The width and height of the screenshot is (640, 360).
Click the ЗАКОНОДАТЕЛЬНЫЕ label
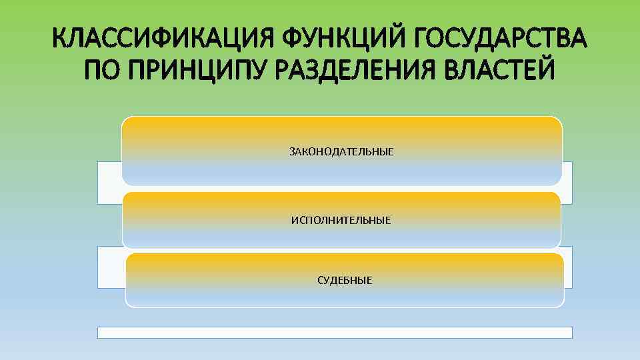point(341,152)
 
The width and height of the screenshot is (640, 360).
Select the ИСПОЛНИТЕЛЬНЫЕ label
point(341,219)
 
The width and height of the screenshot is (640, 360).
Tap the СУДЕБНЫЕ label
point(345,280)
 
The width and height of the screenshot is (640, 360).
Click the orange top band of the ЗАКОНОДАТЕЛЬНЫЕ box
point(341,125)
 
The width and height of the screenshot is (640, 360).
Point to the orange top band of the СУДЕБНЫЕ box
point(345,260)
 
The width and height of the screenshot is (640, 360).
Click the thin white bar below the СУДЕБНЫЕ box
point(335,332)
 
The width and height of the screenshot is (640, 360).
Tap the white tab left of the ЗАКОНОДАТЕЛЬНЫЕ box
point(109,182)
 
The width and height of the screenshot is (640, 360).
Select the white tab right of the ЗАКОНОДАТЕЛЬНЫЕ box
point(567,182)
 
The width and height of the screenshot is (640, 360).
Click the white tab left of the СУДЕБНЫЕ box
point(111,267)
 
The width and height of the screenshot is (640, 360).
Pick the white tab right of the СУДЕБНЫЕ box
point(568,267)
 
